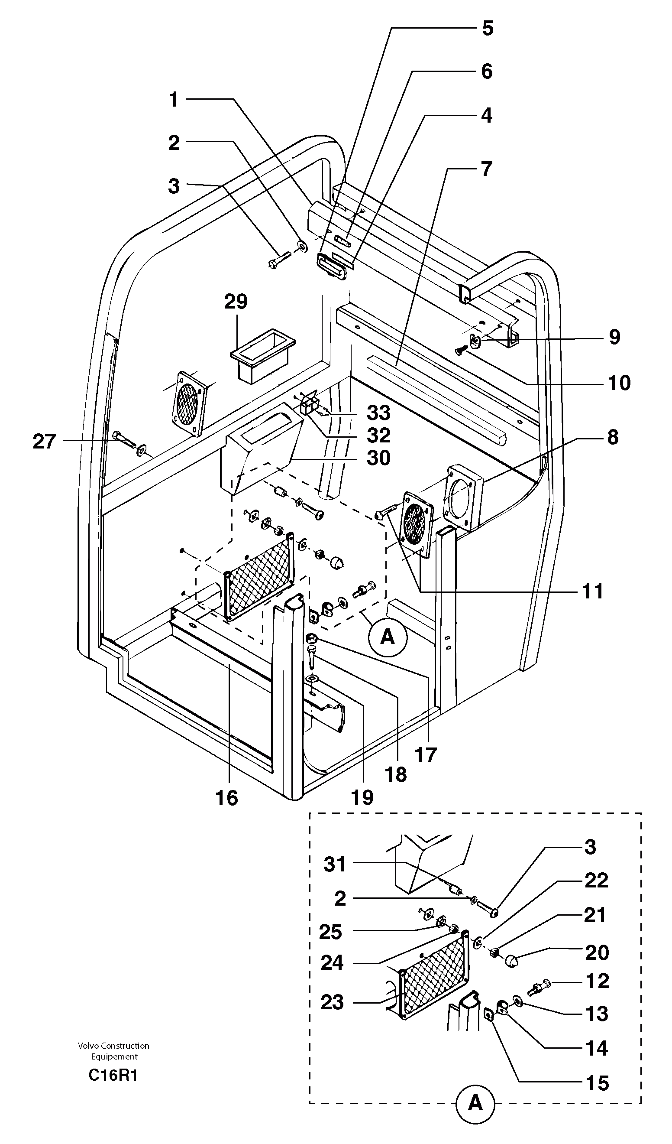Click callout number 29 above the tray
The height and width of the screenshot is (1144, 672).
[x=236, y=302]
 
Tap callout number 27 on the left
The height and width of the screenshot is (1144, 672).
[x=44, y=441]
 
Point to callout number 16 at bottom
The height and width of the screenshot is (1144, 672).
[x=227, y=798]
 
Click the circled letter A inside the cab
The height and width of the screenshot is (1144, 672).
[x=388, y=637]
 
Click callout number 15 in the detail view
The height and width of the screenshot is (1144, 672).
[x=597, y=1083]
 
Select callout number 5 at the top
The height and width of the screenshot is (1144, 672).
[x=487, y=28]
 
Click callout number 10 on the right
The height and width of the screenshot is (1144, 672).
[x=619, y=383]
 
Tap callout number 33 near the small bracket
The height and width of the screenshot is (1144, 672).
[x=378, y=413]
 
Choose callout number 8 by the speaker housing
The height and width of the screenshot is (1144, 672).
[x=613, y=437]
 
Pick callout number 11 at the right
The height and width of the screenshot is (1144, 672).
[x=593, y=591]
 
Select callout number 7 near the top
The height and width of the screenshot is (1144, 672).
[x=486, y=169]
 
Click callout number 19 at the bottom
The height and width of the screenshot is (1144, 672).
[x=362, y=797]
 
